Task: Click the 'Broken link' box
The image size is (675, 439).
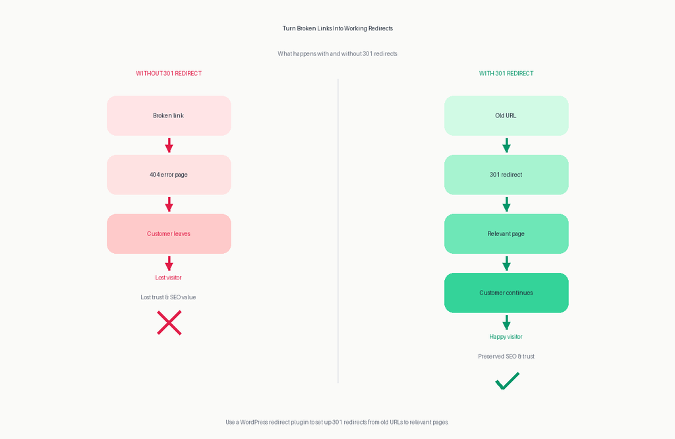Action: pyautogui.click(x=169, y=116)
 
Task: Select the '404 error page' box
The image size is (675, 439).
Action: pyautogui.click(x=169, y=175)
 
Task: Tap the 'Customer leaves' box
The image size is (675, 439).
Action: pyautogui.click(x=169, y=234)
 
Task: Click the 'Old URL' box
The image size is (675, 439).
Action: pyautogui.click(x=506, y=116)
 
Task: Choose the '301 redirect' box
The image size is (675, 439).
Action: pyautogui.click(x=506, y=175)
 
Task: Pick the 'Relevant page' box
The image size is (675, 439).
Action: pyautogui.click(x=506, y=234)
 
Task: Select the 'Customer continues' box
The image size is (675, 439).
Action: pyautogui.click(x=506, y=293)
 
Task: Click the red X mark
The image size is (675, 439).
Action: pyautogui.click(x=169, y=323)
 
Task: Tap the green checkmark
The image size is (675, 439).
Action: pyautogui.click(x=507, y=381)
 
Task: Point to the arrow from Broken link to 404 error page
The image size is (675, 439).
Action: pyautogui.click(x=169, y=145)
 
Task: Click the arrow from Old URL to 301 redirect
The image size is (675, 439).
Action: pyautogui.click(x=507, y=145)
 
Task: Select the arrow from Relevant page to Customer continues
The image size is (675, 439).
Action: pyautogui.click(x=507, y=264)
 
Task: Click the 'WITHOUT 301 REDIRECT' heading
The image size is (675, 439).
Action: pyautogui.click(x=169, y=74)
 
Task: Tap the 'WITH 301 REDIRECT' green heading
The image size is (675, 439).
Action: pyautogui.click(x=506, y=74)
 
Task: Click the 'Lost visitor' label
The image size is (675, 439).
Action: pyautogui.click(x=168, y=278)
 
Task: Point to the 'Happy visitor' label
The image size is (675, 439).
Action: pyautogui.click(x=506, y=337)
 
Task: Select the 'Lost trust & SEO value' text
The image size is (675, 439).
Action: pyautogui.click(x=168, y=297)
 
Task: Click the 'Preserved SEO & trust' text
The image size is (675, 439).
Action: pyautogui.click(x=506, y=357)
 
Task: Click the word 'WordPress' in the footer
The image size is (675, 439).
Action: pyautogui.click(x=254, y=423)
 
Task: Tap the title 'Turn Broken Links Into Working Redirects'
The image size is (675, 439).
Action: pyautogui.click(x=337, y=28)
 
